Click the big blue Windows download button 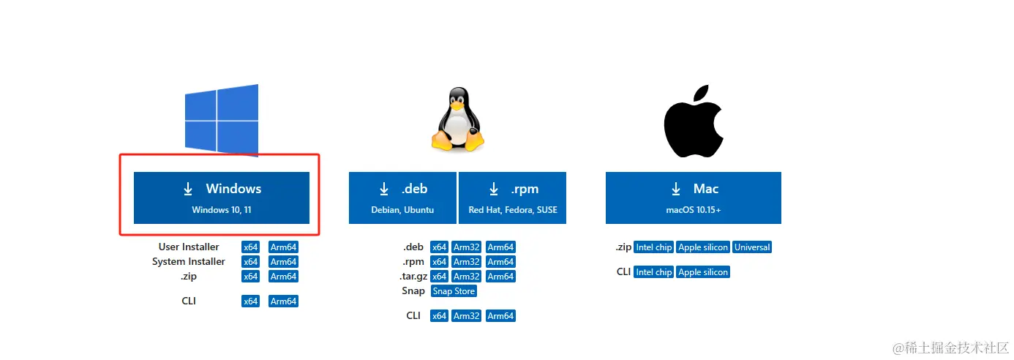[221, 198]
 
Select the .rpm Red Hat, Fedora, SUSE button [512, 198]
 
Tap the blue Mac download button [693, 198]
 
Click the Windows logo [221, 119]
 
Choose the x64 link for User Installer [250, 247]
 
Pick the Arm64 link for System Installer [283, 262]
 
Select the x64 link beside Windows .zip [250, 277]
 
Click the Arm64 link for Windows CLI [283, 301]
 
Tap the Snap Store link [454, 291]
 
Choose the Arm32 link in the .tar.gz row [466, 277]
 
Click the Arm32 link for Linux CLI [466, 316]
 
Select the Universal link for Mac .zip [752, 247]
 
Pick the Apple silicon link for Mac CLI [703, 272]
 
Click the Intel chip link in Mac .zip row [653, 247]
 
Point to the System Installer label [189, 262]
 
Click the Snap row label [413, 291]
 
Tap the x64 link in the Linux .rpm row [439, 262]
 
